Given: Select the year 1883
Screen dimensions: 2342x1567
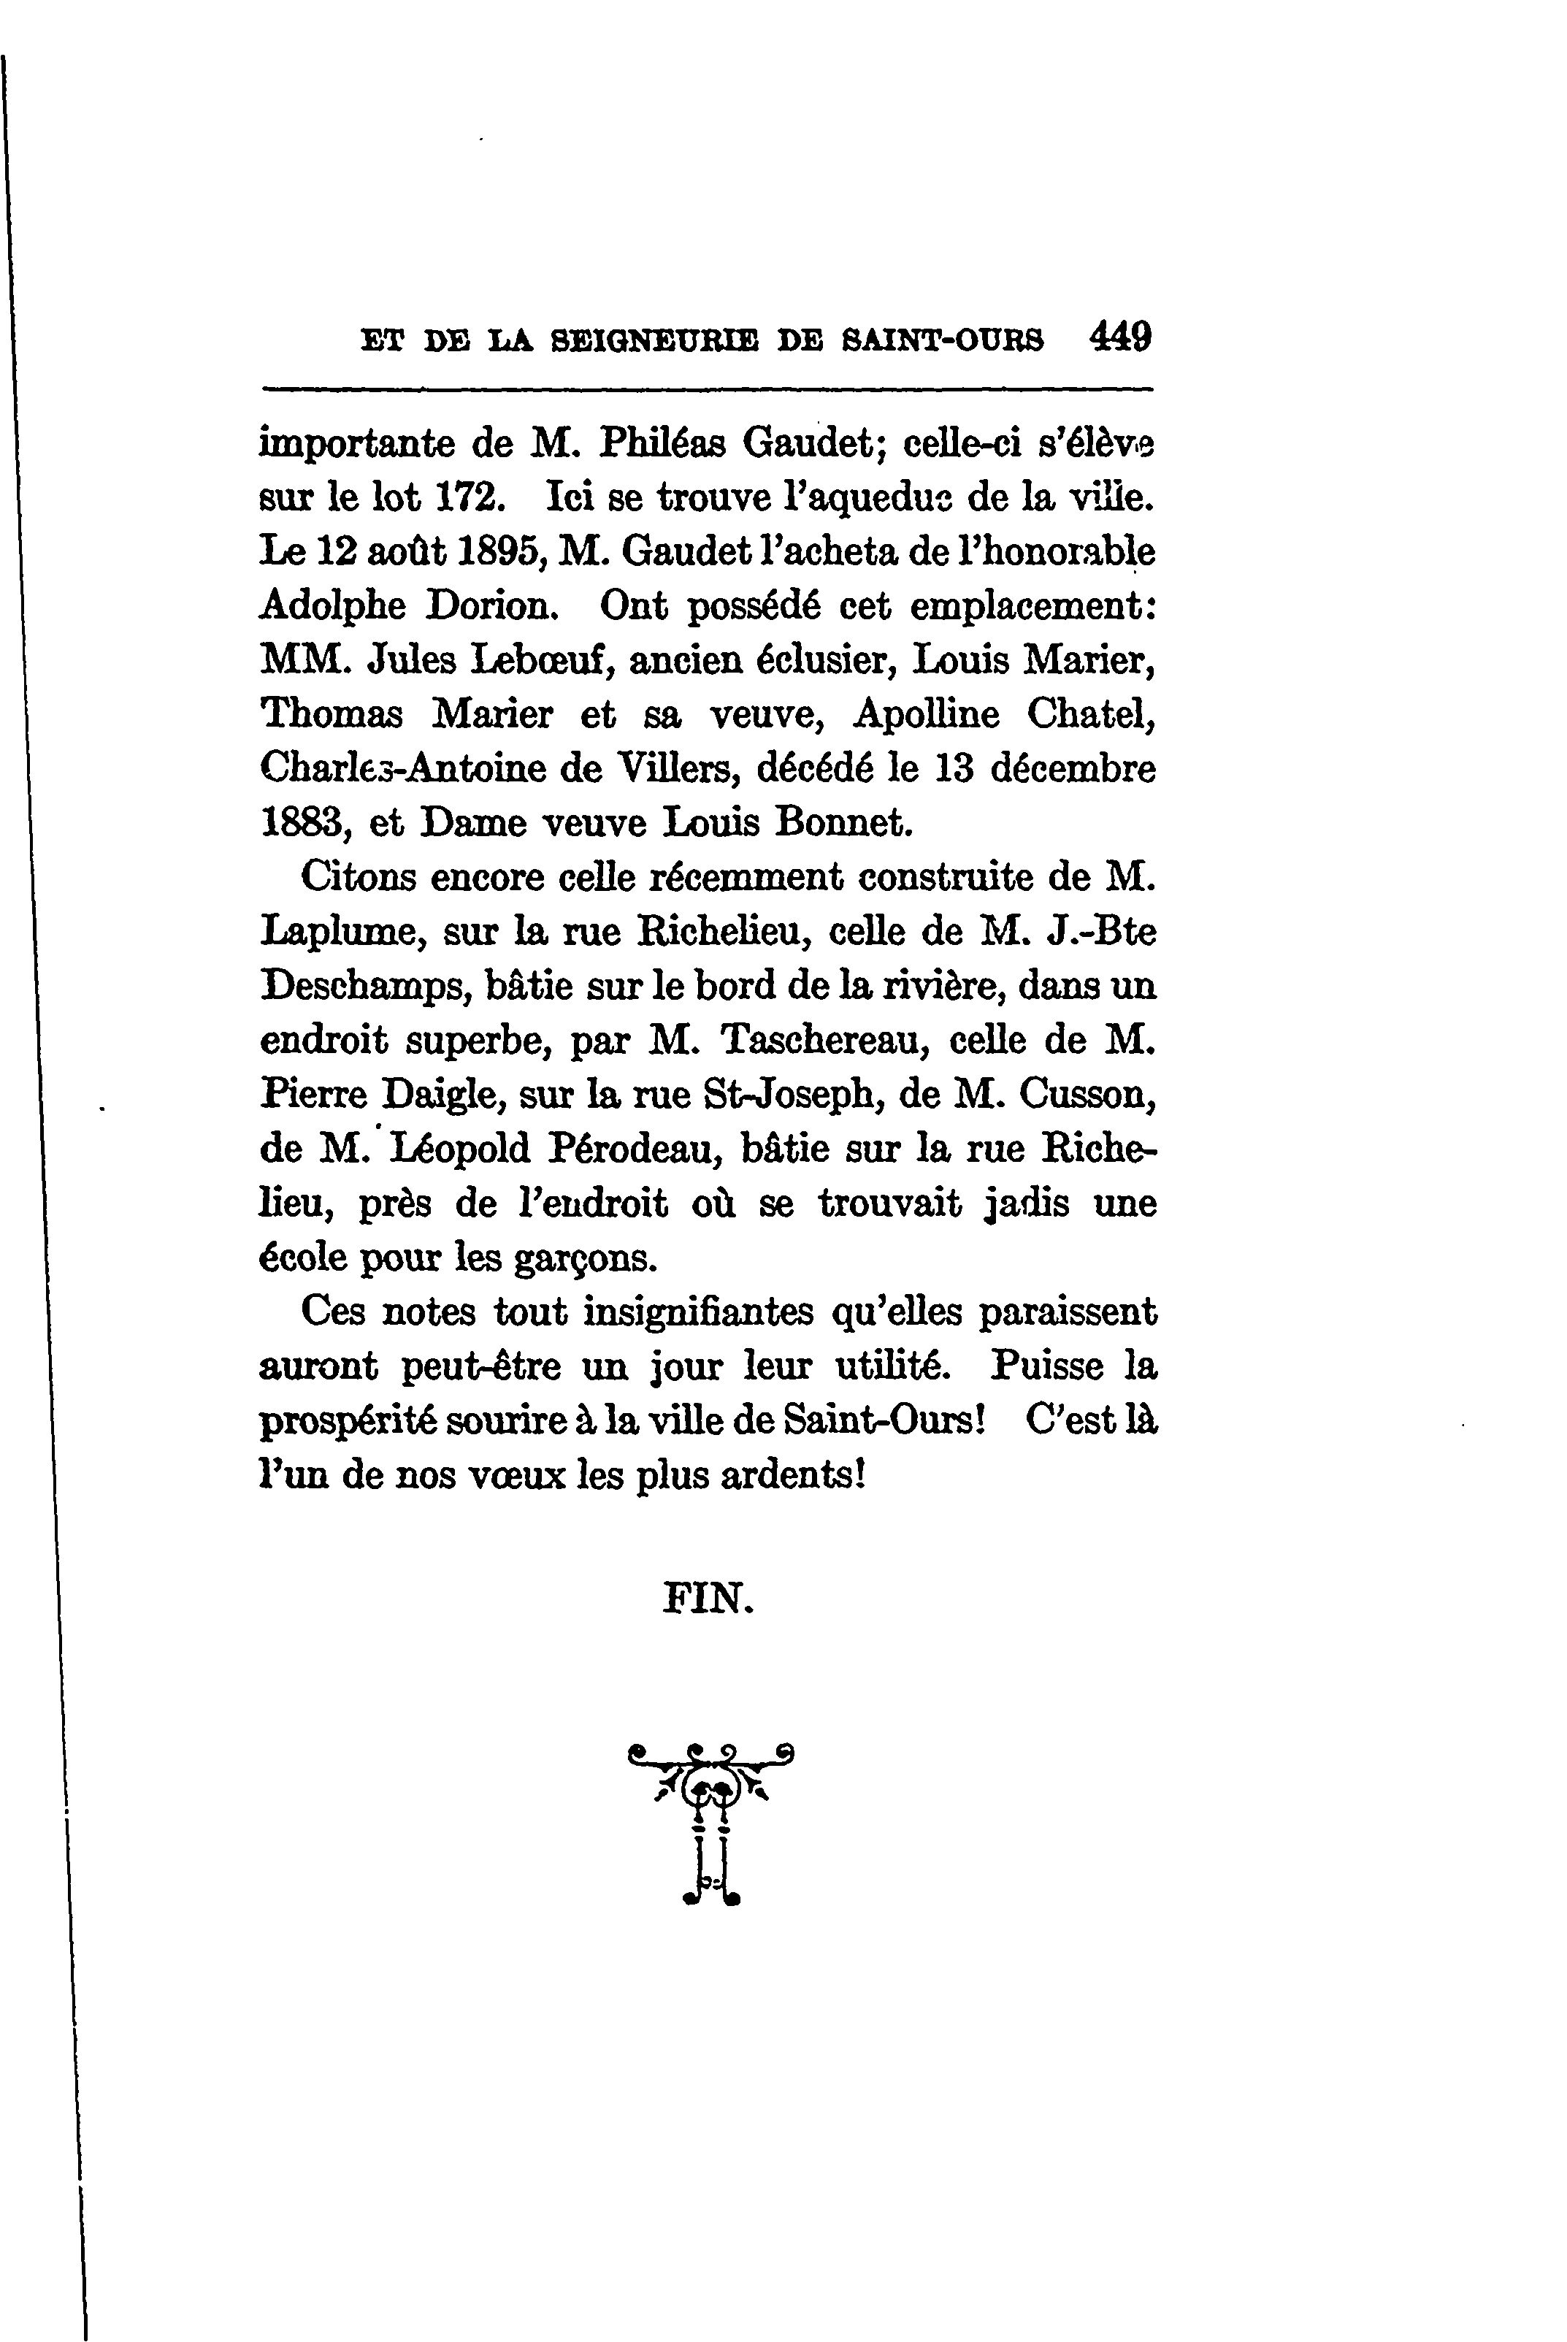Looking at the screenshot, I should point(303,822).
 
